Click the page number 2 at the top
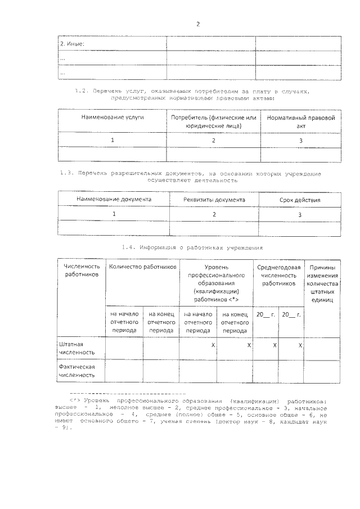198,24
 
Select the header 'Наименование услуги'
112,118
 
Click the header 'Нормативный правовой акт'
300,122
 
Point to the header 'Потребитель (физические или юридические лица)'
213,122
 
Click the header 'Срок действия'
300,200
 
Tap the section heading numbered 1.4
191,247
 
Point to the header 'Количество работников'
142,266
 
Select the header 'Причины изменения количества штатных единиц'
322,283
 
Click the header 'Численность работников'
82,270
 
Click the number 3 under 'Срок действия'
300,215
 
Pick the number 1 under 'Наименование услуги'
112,140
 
